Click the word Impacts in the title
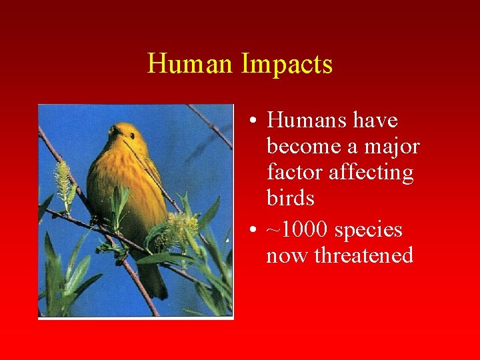tap(287, 65)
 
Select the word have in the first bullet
tap(375, 121)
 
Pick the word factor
tap(291, 173)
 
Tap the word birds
tap(290, 199)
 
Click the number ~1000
tap(297, 229)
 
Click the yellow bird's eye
tap(133, 135)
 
